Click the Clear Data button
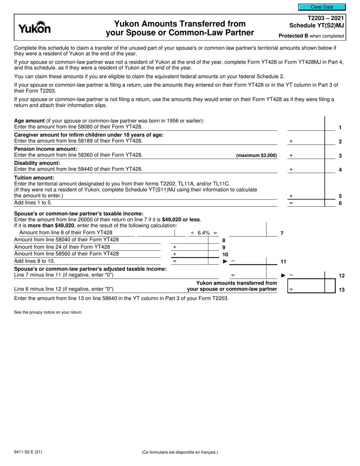322,7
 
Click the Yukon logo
34,27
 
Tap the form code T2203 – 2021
326,18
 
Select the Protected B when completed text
311,36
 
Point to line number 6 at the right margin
340,203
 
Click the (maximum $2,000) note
256,155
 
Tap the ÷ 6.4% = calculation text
203,233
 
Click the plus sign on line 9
175,247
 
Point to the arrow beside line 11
225,261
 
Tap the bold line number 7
282,233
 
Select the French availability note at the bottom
180,452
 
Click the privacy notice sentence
48,312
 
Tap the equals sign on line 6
291,203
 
